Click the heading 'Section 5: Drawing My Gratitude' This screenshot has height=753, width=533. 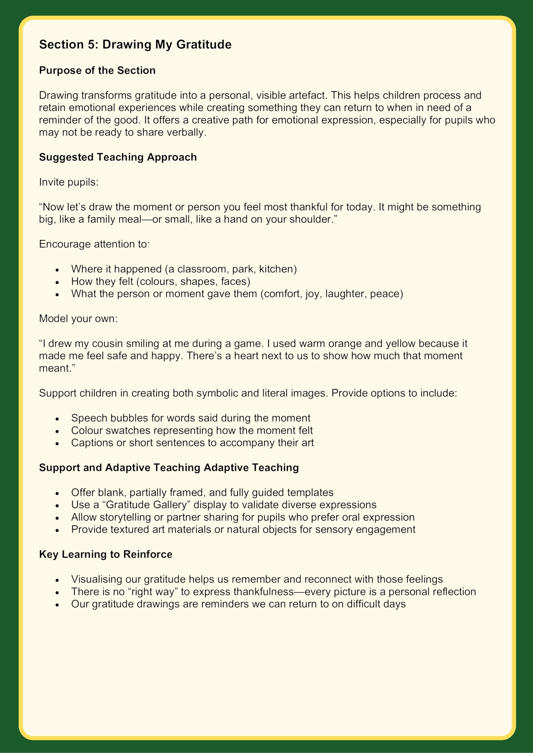click(135, 45)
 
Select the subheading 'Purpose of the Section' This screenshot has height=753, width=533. click(97, 70)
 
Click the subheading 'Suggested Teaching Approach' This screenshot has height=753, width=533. click(118, 157)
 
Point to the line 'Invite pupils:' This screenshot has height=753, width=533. click(69, 182)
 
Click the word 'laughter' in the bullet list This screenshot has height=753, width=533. click(344, 294)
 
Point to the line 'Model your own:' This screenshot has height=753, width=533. click(78, 318)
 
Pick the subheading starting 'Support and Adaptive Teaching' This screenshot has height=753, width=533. click(169, 467)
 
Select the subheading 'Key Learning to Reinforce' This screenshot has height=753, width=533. click(105, 554)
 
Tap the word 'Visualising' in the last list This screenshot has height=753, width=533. click(96, 579)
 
